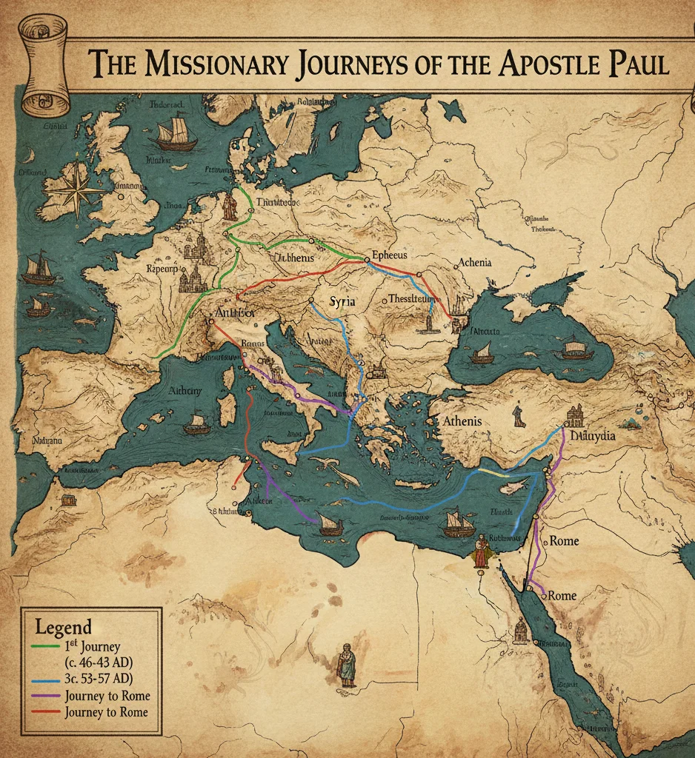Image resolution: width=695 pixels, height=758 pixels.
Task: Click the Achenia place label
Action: click(475, 262)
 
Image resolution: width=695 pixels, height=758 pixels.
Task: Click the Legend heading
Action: click(64, 626)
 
